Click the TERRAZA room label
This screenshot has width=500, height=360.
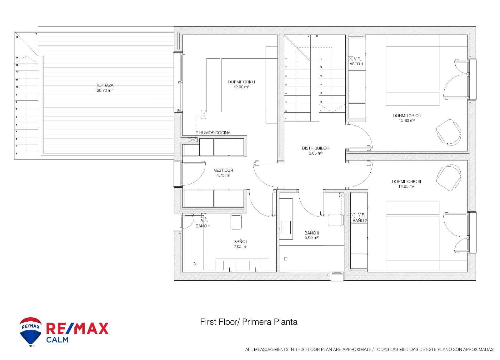[105, 85]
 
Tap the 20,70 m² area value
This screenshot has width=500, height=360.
[105, 91]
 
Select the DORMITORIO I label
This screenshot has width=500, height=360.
[242, 82]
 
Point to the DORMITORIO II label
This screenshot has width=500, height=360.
[407, 116]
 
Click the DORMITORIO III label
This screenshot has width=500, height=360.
[406, 181]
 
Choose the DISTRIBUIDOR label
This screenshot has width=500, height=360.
[315, 148]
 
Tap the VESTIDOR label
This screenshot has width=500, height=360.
[223, 170]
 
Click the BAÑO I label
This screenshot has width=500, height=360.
[241, 242]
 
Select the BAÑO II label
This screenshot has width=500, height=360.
[312, 233]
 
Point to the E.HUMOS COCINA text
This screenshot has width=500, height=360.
[213, 133]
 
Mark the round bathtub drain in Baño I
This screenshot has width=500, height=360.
[194, 264]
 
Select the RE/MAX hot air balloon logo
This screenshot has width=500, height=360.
[31, 332]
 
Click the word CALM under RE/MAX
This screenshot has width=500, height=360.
[57, 339]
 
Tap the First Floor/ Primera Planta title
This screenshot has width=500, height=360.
[248, 322]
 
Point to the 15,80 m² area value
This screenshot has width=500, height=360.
[407, 121]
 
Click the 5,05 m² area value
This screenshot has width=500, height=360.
[315, 153]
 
